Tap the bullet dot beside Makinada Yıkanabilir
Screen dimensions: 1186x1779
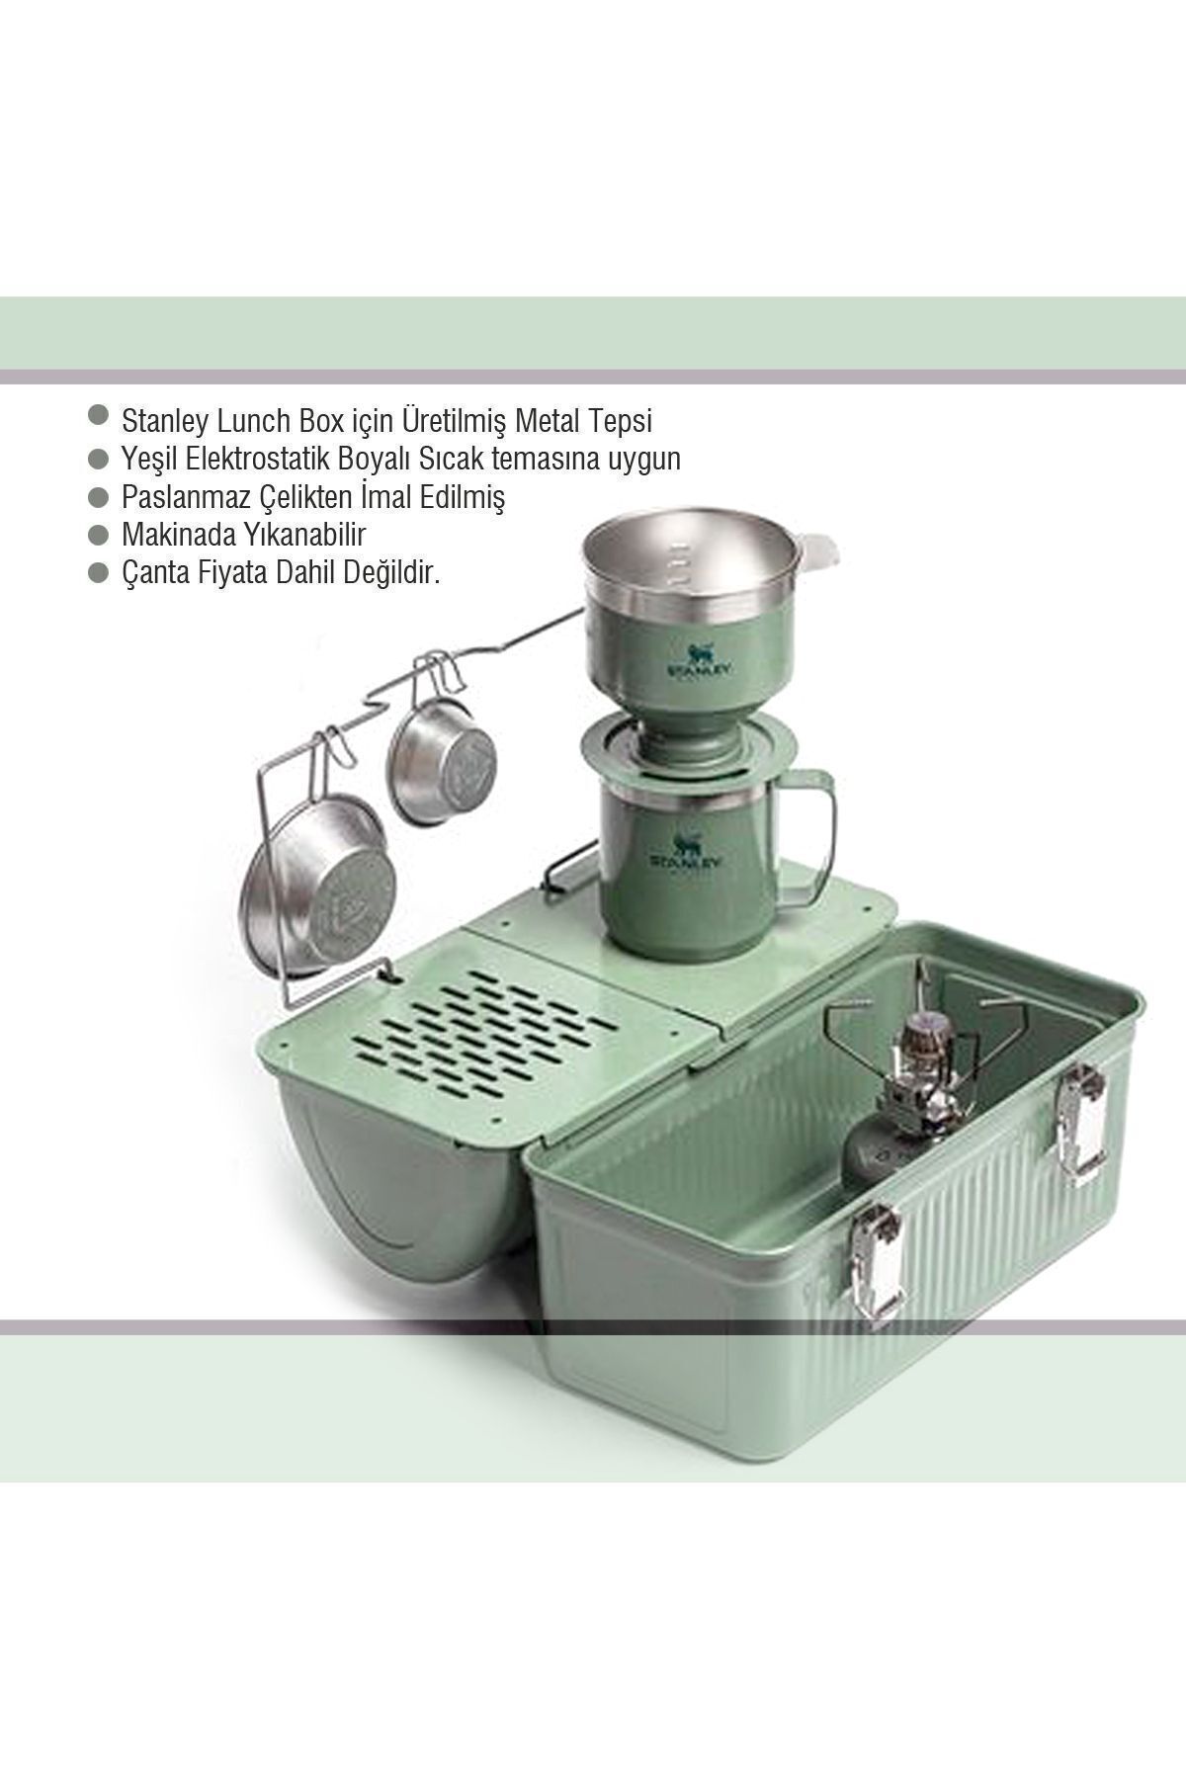[97, 535]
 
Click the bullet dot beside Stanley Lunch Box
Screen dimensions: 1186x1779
[97, 415]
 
